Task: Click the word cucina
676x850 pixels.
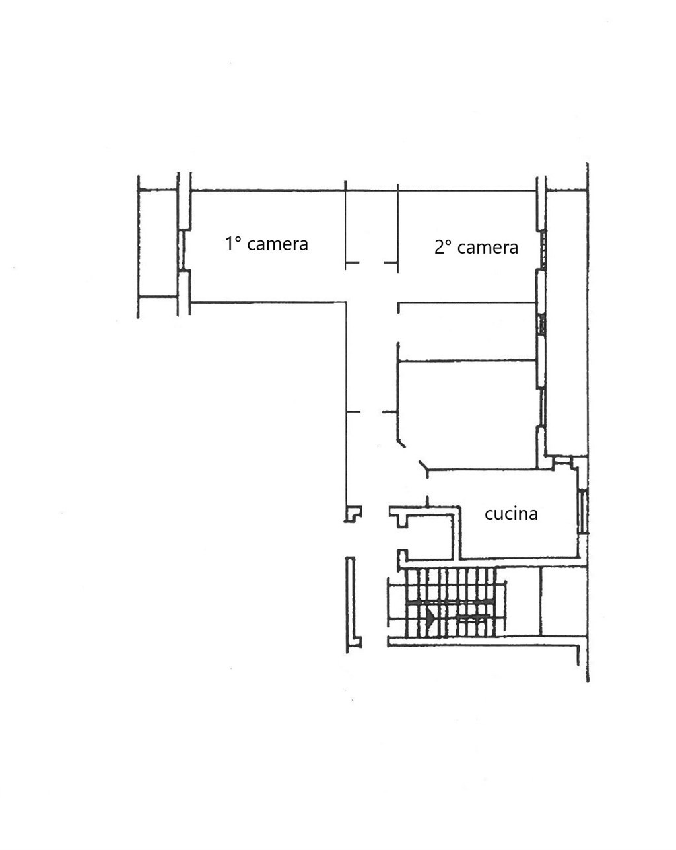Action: pyautogui.click(x=511, y=514)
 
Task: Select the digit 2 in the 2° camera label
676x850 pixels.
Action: pyautogui.click(x=439, y=247)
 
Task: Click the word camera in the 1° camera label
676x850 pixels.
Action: pyautogui.click(x=277, y=244)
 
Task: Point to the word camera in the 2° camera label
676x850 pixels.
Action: pyautogui.click(x=488, y=248)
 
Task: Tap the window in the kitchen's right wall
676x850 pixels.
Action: pyautogui.click(x=582, y=511)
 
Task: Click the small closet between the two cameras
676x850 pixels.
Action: pyautogui.click(x=372, y=227)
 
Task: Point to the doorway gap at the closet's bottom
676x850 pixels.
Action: pyautogui.click(x=372, y=262)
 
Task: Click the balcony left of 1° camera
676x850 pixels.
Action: pyautogui.click(x=158, y=243)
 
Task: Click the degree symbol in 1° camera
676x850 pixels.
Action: pyautogui.click(x=238, y=239)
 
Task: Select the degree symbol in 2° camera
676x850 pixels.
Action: pyautogui.click(x=448, y=243)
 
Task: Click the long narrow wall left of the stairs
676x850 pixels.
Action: pyautogui.click(x=351, y=604)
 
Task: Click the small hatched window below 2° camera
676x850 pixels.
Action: pyautogui.click(x=543, y=324)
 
